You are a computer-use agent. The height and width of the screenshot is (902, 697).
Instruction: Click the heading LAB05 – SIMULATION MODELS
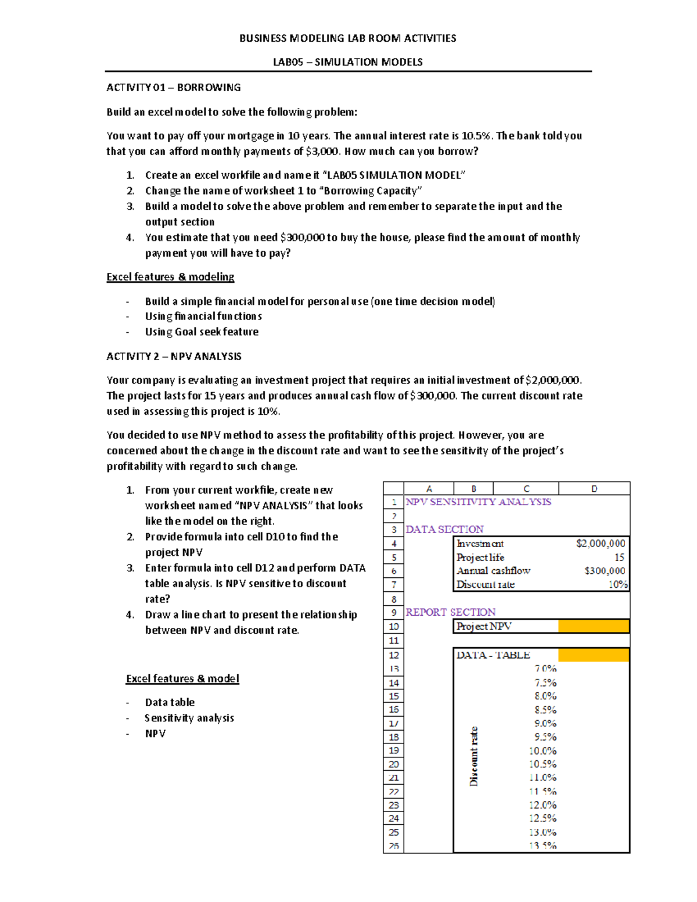click(347, 62)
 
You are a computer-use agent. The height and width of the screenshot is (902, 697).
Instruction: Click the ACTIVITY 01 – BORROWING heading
click(173, 88)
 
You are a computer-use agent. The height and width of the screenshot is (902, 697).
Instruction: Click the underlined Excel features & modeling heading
click(170, 277)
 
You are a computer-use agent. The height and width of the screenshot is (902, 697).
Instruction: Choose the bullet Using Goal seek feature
click(202, 332)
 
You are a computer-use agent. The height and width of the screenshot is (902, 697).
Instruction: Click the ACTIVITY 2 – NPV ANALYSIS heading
click(174, 357)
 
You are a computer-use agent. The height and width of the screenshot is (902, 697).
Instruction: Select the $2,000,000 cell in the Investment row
click(600, 544)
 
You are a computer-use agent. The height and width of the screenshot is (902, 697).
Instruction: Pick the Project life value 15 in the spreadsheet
click(619, 558)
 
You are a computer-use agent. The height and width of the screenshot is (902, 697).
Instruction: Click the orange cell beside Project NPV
click(593, 626)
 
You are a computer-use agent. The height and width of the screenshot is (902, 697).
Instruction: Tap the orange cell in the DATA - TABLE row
click(593, 655)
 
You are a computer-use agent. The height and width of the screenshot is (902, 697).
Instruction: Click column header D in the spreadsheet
click(594, 489)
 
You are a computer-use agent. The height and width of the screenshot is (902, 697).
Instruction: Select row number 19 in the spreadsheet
click(394, 750)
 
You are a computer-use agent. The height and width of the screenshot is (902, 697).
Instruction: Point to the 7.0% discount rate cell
click(545, 669)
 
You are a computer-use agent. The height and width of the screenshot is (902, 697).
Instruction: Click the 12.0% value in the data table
click(542, 805)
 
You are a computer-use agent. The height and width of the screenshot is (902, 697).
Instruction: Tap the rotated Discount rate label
click(474, 756)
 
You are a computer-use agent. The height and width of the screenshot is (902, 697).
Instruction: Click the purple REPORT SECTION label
click(450, 612)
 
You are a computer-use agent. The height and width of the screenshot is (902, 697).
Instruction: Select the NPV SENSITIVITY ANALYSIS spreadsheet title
click(478, 502)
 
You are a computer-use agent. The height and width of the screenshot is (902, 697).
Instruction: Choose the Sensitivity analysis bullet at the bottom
click(189, 718)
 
